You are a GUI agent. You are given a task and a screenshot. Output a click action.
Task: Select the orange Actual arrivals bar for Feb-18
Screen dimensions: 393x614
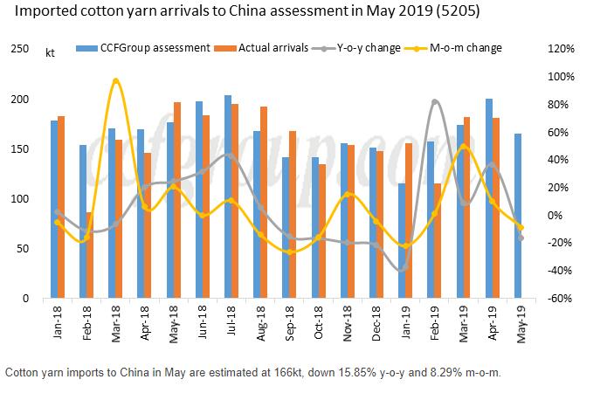tap(88, 255)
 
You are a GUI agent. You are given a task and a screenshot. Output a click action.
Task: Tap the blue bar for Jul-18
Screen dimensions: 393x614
tap(227, 196)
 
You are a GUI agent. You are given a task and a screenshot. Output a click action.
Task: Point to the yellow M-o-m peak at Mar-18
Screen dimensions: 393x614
tap(115, 80)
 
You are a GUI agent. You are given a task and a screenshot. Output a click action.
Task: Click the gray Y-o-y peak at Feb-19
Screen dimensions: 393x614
tap(435, 102)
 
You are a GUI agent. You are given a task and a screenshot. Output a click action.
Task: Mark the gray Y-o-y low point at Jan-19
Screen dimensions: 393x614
tap(404, 269)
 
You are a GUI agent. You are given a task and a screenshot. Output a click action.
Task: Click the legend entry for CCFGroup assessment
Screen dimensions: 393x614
tap(148, 48)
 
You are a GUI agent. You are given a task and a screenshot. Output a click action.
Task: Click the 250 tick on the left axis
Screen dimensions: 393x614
tap(18, 49)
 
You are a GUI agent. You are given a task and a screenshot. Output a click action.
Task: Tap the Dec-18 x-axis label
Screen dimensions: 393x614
tap(376, 324)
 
